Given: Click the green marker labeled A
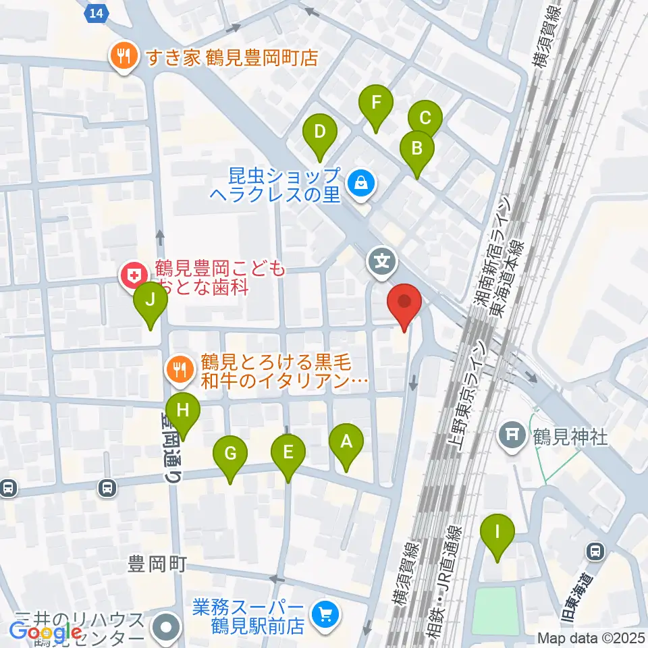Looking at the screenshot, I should click(346, 443).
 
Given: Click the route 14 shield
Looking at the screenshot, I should click(99, 12).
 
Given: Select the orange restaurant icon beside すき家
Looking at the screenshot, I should click(123, 57).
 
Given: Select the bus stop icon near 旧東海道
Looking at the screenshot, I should click(595, 551).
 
